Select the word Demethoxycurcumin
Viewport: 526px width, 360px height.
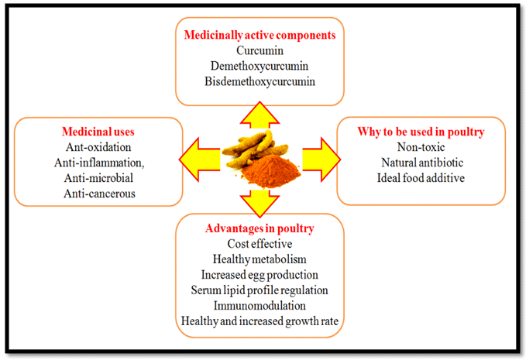coord(259,65)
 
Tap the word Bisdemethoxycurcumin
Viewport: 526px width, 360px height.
coord(259,81)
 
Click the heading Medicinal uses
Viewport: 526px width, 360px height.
coord(97,132)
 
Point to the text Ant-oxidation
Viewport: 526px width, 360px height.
coord(97,147)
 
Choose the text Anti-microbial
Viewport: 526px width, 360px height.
coord(97,178)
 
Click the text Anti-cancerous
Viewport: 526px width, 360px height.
coord(97,194)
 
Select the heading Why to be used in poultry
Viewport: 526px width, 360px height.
coord(421,132)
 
